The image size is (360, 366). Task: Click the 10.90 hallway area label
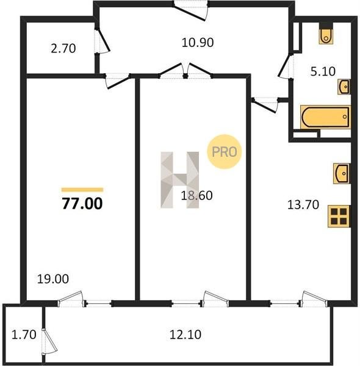pyautogui.click(x=198, y=43)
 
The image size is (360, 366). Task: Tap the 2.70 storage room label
pyautogui.click(x=63, y=49)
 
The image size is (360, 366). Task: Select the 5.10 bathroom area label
pyautogui.click(x=323, y=71)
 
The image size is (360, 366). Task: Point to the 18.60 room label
pyautogui.click(x=196, y=195)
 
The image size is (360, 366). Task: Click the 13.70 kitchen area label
pyautogui.click(x=303, y=205)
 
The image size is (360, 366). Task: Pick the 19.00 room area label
pyautogui.click(x=53, y=279)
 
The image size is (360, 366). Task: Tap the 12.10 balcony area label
pyautogui.click(x=185, y=334)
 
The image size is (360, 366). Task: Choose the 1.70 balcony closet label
pyautogui.click(x=24, y=334)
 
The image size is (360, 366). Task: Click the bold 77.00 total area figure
pyautogui.click(x=82, y=203)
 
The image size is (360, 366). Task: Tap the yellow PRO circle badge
pyautogui.click(x=224, y=151)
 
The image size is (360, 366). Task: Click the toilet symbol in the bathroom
pyautogui.click(x=326, y=35)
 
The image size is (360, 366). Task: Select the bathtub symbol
pyautogui.click(x=325, y=117)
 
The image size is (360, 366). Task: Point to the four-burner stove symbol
pyautogui.click(x=339, y=216)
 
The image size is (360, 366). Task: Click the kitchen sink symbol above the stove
pyautogui.click(x=342, y=173)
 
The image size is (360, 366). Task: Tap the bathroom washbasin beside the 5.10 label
pyautogui.click(x=344, y=87)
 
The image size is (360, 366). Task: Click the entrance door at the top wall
pyautogui.click(x=191, y=10)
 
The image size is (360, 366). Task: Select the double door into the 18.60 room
pyautogui.click(x=185, y=71)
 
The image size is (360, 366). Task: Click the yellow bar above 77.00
pyautogui.click(x=82, y=190)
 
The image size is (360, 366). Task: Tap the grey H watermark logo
pyautogui.click(x=180, y=180)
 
